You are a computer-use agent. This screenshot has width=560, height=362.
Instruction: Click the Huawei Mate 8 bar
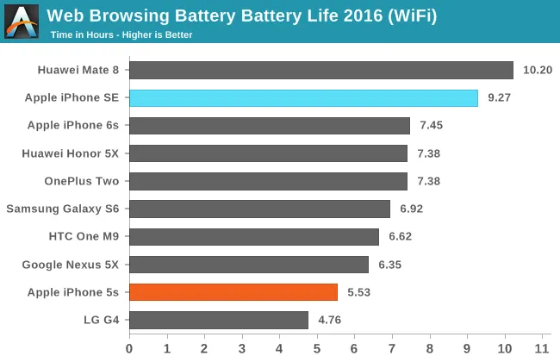point(320,70)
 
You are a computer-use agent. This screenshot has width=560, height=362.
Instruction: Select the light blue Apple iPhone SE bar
point(303,98)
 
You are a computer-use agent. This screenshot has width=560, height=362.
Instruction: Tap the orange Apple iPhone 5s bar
point(233,292)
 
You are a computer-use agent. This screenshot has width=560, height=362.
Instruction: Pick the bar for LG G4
point(218,320)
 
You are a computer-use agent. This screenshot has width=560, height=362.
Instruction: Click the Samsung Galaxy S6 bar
point(259,209)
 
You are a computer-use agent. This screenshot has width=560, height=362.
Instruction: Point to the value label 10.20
point(537,71)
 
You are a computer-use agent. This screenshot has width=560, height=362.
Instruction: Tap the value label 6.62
point(401,237)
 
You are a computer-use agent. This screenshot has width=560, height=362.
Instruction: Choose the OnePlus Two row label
point(81,181)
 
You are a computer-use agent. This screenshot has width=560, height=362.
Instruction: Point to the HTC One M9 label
point(84,237)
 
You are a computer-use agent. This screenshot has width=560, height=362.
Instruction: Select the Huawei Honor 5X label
point(71,153)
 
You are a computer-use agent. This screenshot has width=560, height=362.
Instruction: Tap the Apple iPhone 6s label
point(73,126)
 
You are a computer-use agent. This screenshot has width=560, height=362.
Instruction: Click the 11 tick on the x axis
point(542,348)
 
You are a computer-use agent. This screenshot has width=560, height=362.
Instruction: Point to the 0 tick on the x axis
point(129,348)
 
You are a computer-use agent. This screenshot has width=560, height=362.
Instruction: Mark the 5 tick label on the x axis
point(317,348)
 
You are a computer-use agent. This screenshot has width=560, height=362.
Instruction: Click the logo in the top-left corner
point(21,22)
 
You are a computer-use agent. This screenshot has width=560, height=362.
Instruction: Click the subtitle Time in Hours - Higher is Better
point(121,35)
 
